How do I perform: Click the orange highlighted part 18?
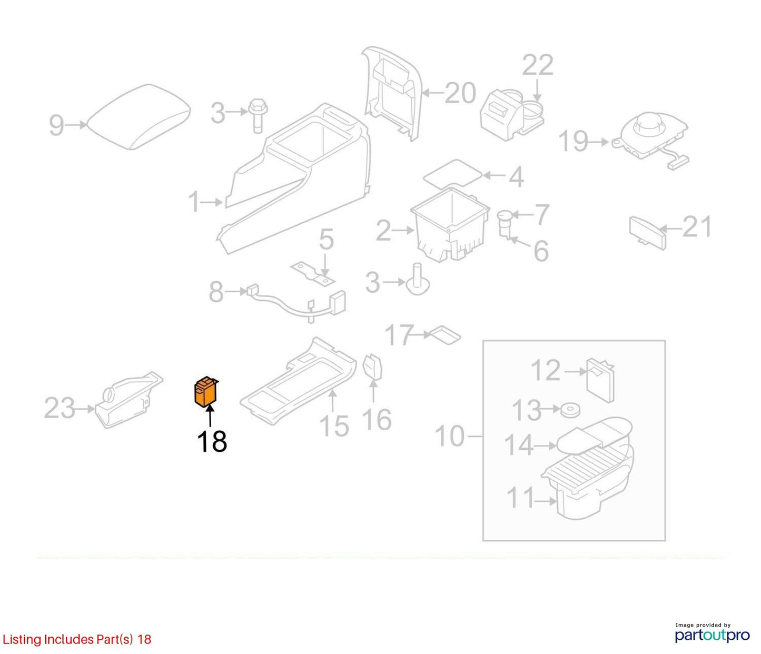pos(206,392)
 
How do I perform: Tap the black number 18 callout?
pos(212,441)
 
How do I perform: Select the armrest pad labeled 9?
pos(139,117)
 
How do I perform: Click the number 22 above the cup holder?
pos(538,65)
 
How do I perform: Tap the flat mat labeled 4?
pos(452,173)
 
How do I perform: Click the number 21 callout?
pos(697,227)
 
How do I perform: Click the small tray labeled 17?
pos(446,335)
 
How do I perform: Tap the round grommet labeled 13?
pos(570,410)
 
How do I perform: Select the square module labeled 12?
pos(600,381)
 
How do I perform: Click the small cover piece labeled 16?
pos(373,366)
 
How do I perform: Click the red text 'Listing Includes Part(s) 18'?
pos(77,639)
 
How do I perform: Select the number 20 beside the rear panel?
pos(461,93)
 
